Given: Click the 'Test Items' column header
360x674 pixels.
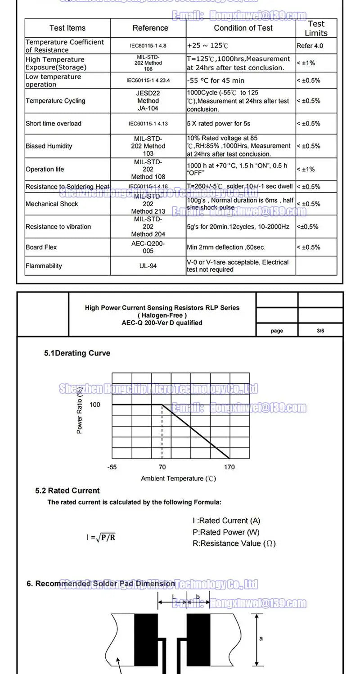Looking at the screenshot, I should point(67,28).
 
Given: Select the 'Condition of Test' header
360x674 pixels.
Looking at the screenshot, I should point(243,28).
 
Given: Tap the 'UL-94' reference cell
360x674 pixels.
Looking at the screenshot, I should point(148,266).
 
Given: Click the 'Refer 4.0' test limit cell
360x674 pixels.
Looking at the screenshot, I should point(310,46).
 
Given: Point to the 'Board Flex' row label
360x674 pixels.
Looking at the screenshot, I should point(41,247).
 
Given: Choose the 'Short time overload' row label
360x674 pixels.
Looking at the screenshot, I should point(54,124).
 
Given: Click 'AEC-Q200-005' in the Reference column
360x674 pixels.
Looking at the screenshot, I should point(148,247).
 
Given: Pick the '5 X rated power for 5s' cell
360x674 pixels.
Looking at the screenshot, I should point(219,124).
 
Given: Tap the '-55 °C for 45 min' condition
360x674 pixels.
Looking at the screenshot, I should point(216,81).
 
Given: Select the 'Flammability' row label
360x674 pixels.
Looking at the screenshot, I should point(44,266).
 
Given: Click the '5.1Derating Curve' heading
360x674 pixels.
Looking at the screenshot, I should point(77,353).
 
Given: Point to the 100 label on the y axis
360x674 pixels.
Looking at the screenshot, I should point(95,404).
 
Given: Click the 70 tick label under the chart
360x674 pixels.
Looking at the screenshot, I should point(162,467).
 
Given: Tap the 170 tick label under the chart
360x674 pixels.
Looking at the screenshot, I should point(229,467).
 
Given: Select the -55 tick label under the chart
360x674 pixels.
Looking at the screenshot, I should point(112,467).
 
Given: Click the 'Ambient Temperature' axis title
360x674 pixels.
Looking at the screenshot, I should point(178,478).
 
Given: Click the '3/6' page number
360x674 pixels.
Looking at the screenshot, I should point(320,331).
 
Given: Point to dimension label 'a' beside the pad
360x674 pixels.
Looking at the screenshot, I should point(261,638).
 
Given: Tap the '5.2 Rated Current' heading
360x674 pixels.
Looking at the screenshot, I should point(67,490).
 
